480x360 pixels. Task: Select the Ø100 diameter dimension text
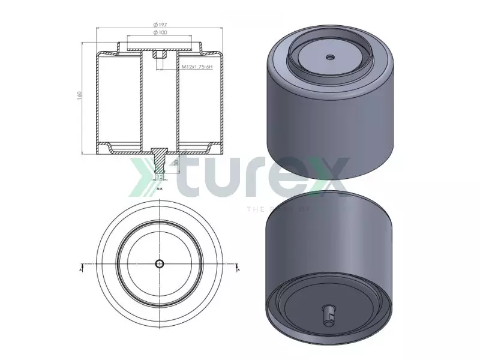pos(160,32)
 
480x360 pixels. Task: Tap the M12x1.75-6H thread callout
pos(199,67)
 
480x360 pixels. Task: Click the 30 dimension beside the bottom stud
pos(176,162)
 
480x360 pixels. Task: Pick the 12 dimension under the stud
pos(159,177)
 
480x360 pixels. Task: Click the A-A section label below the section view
pos(159,188)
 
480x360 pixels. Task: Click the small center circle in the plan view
pos(159,264)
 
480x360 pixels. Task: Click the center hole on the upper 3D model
pos(329,58)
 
